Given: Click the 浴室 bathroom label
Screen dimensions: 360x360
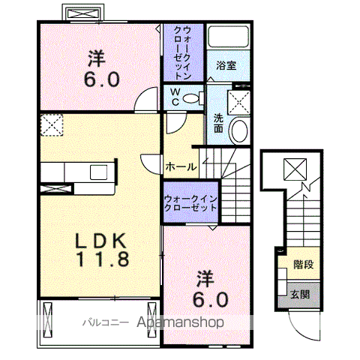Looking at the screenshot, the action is (226, 65).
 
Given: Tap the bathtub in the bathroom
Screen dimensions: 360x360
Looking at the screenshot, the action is (229, 36).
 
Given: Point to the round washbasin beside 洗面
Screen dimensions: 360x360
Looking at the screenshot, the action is (239, 131).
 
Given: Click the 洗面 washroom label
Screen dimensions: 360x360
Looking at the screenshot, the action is (218, 123).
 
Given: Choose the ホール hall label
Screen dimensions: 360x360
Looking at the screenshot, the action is (181, 166).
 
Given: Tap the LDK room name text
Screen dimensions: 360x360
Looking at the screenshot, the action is (100, 241).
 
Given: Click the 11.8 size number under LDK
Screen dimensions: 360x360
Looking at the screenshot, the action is (103, 259).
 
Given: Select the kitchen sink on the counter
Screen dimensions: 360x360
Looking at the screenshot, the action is (99, 172).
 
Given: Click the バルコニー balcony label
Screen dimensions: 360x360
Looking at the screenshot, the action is (106, 322).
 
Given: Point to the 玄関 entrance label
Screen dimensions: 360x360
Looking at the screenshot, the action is (300, 295).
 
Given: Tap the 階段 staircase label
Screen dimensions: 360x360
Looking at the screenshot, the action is (304, 264).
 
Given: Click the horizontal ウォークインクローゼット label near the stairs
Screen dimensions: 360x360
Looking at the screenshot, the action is (190, 203).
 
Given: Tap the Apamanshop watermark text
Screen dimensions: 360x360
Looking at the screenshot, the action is (180, 322).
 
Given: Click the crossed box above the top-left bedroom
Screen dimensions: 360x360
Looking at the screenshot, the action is (83, 13).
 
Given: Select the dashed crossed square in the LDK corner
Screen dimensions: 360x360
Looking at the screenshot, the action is (52, 125).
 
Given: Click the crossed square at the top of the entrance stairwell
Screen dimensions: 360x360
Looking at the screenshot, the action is (295, 169).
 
